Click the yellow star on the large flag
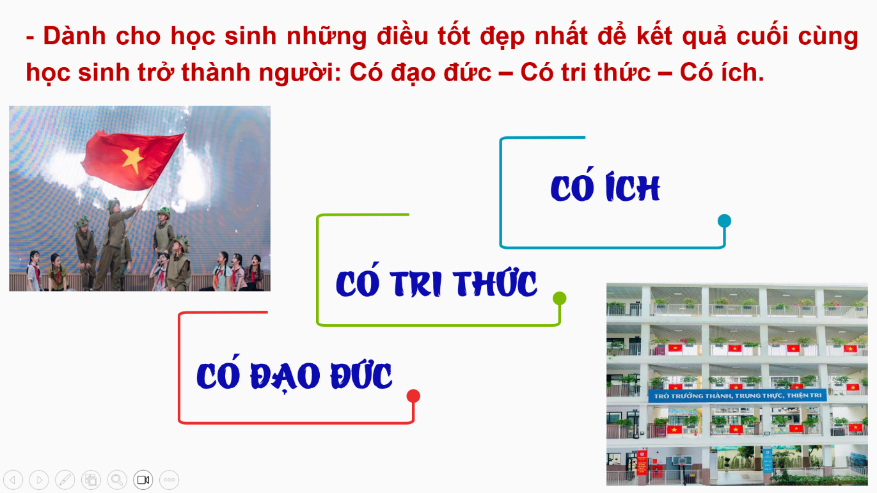tap(132, 160)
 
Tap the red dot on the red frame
tap(413, 396)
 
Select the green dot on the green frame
tap(560, 298)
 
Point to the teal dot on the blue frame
tap(724, 221)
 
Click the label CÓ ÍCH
tap(605, 185)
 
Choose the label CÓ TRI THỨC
tap(436, 280)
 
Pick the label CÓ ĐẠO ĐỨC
tap(294, 373)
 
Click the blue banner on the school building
tap(738, 396)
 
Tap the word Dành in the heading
tap(74, 36)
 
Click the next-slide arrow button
tap(39, 480)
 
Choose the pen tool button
tap(65, 480)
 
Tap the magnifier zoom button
tap(117, 480)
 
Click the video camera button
tap(143, 480)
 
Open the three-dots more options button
tap(169, 480)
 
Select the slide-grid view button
tap(91, 480)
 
